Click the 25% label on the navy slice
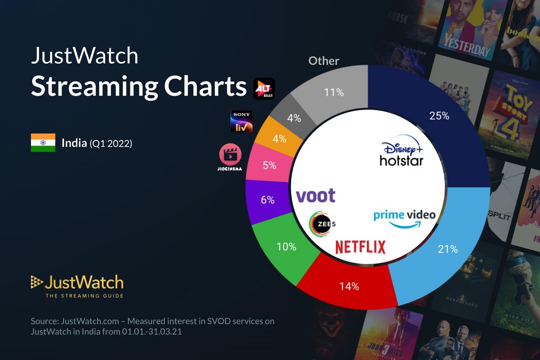coord(439,116)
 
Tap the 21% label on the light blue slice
coord(448,249)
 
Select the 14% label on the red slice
coord(349,286)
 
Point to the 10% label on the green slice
coord(286,247)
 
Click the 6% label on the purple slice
coord(268,200)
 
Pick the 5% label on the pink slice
coord(269,166)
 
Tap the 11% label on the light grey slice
coord(334,93)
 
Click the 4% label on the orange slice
coord(279,139)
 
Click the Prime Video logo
coord(404,218)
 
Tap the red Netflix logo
coord(360,247)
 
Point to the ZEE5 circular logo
coord(322,224)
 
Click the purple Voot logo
coord(316,196)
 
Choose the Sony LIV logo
coord(242,121)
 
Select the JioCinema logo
coord(230,156)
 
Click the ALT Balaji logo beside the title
coord(264,89)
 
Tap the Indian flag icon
coord(43,143)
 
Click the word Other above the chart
coord(324,61)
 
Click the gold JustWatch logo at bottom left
coord(78,286)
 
